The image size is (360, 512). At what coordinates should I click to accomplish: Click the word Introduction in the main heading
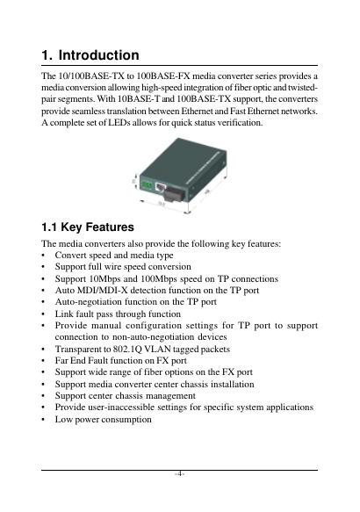[98, 55]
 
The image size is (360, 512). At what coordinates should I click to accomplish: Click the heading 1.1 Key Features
[88, 227]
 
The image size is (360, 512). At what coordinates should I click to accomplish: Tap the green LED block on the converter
[147, 186]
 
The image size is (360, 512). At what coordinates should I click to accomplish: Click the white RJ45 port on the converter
[160, 187]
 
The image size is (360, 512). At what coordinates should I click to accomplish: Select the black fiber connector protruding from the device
[174, 194]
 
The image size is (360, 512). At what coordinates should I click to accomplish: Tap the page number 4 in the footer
[179, 473]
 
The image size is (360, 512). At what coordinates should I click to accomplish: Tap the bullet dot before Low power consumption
[43, 420]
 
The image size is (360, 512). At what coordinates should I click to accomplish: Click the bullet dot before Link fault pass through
[43, 314]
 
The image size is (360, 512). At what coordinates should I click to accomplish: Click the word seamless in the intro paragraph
[87, 112]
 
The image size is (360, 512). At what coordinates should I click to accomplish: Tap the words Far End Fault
[79, 360]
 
